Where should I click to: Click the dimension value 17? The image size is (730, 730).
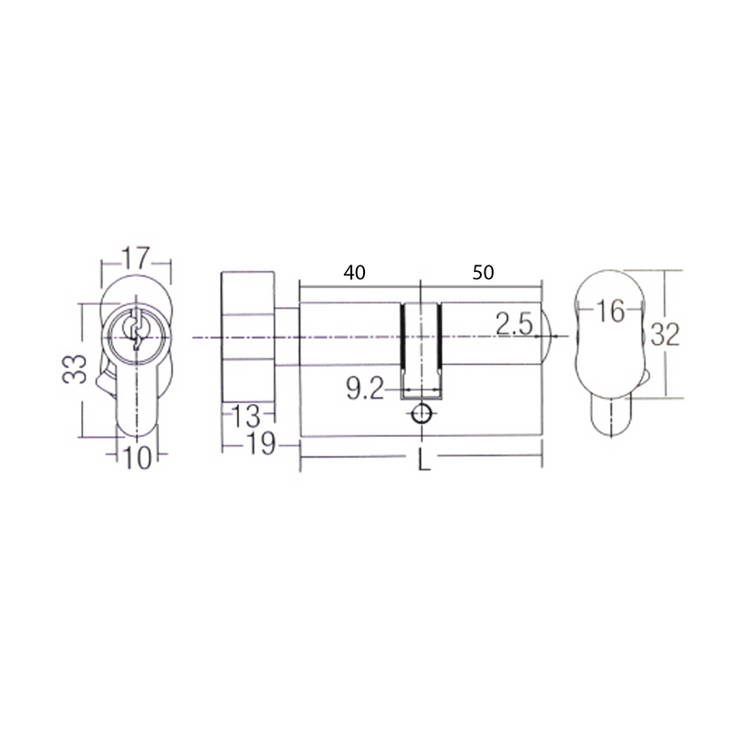pyautogui.click(x=136, y=258)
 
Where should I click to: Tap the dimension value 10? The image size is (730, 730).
pyautogui.click(x=137, y=459)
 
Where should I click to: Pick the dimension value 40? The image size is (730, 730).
pyautogui.click(x=354, y=272)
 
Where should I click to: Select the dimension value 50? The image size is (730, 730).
pyautogui.click(x=483, y=272)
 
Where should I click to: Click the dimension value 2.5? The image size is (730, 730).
pyautogui.click(x=515, y=323)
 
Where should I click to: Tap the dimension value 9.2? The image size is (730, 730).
pyautogui.click(x=365, y=391)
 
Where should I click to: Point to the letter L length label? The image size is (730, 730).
pyautogui.click(x=422, y=461)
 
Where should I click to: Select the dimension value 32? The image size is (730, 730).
pyautogui.click(x=666, y=334)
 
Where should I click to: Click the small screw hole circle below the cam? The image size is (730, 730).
pyautogui.click(x=421, y=414)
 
